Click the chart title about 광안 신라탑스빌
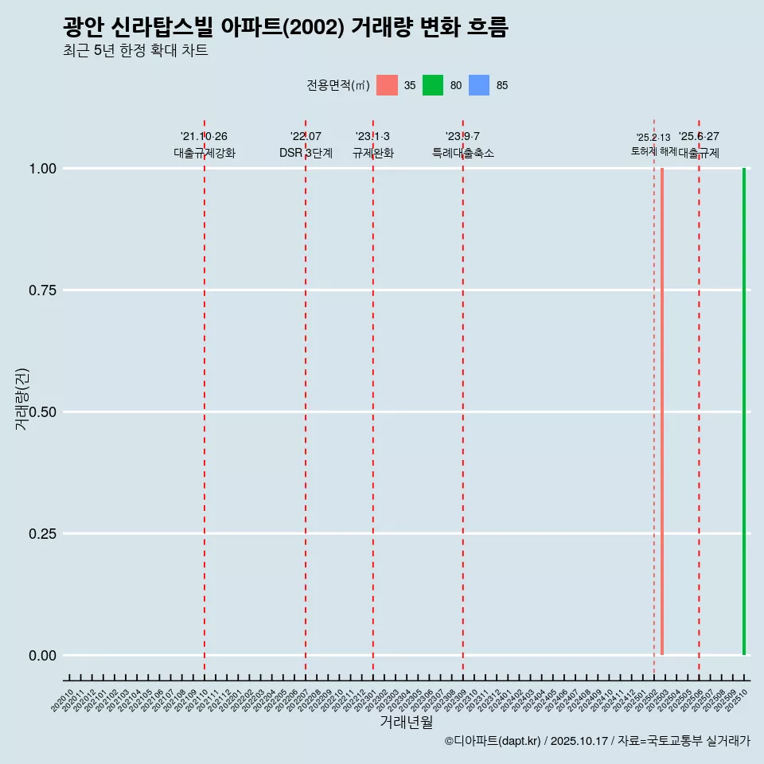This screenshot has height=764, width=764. (285, 28)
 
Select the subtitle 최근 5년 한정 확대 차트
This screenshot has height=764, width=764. (135, 51)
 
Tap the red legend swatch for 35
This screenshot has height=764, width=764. (387, 85)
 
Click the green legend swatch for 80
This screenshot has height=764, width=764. (433, 85)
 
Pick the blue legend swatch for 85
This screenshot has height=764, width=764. (479, 85)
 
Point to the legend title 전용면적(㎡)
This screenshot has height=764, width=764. (337, 85)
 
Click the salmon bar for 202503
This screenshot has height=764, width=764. (662, 411)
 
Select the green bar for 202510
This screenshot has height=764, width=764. (744, 411)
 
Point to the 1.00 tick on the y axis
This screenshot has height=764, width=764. (42, 169)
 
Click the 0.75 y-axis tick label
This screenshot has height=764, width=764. (42, 290)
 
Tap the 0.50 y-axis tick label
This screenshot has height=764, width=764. (42, 412)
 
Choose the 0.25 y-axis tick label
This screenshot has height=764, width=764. (42, 534)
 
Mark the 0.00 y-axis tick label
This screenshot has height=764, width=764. (42, 656)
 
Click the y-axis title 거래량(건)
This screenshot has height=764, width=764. (21, 400)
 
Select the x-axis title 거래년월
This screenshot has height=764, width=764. (407, 723)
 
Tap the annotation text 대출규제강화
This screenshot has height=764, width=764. (205, 153)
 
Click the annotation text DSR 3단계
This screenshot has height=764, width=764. (306, 153)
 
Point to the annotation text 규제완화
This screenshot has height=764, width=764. (373, 153)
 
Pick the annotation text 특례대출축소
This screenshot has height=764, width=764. (463, 153)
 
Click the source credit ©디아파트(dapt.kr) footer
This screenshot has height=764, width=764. (597, 742)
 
